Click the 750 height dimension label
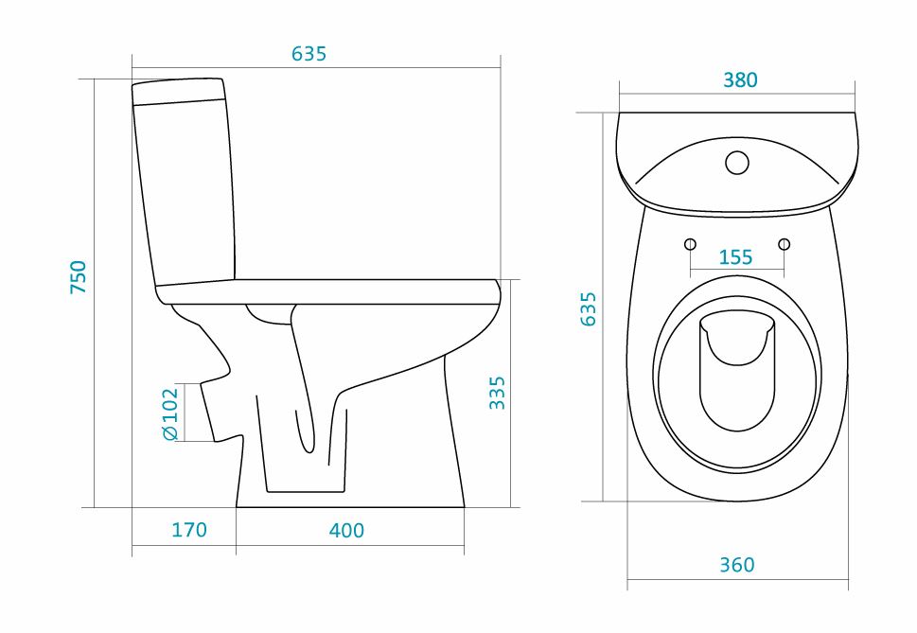[x=79, y=277]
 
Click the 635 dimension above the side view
[x=309, y=54]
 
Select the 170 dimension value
[x=189, y=530]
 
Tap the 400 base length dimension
[x=346, y=531]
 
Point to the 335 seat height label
[x=497, y=393]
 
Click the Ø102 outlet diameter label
[x=169, y=413]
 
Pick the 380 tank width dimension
[x=740, y=80]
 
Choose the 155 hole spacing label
[x=735, y=257]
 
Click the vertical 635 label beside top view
[x=588, y=308]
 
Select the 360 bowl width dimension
[x=737, y=565]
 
